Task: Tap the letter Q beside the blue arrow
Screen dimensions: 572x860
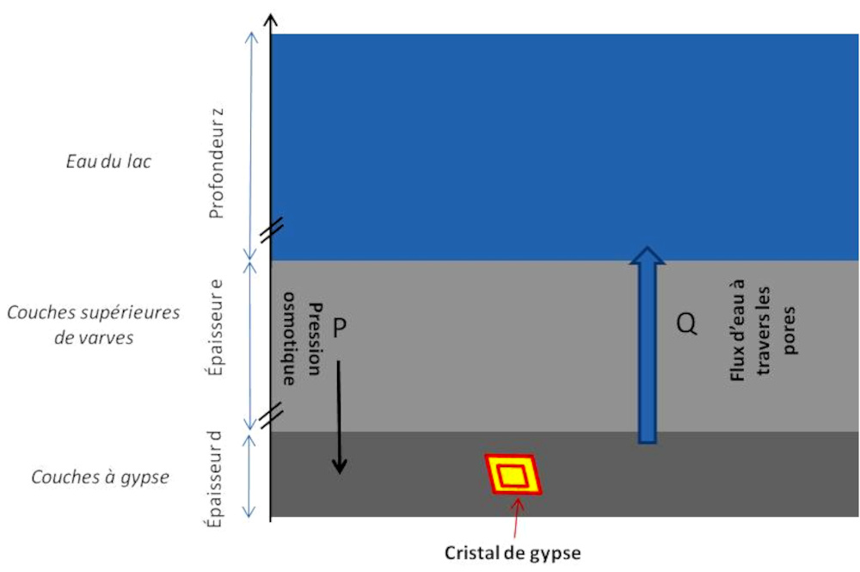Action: [685, 325]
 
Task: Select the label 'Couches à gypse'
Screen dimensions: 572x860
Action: [99, 476]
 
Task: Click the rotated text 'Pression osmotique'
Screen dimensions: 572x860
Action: [304, 343]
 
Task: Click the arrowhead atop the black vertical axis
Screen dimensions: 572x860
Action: [271, 21]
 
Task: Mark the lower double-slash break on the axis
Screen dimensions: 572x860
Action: [271, 416]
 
